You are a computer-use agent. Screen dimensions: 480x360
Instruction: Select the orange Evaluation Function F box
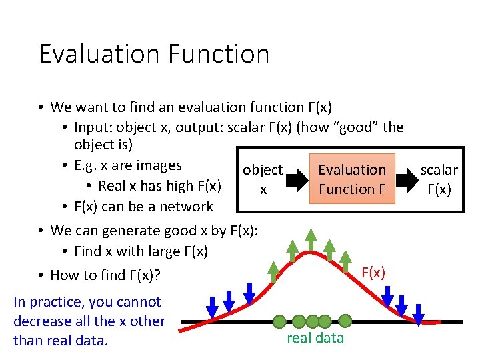352,180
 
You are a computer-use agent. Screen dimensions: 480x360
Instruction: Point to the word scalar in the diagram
439,171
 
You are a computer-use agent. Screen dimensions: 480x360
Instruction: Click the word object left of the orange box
263,171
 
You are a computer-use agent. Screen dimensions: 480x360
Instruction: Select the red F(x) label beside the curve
373,273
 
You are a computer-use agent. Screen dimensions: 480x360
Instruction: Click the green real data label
315,338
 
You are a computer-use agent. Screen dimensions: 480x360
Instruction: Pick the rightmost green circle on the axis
345,321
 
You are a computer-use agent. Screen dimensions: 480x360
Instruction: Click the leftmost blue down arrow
212,307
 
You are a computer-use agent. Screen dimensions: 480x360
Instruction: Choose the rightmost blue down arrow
419,314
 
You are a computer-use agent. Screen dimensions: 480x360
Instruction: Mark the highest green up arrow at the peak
310,241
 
